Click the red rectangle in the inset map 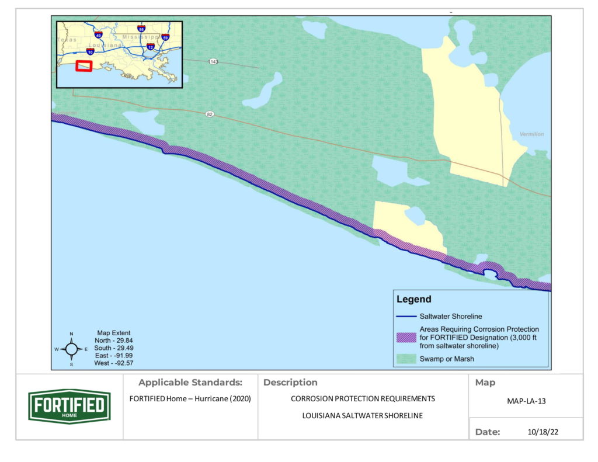[x=84, y=66]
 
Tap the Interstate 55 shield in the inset [x=141, y=29]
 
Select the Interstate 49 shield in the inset [x=98, y=36]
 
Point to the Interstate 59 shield [x=165, y=38]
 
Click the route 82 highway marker [x=209, y=114]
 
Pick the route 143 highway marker [x=214, y=61]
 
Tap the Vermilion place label [x=531, y=134]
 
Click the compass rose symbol [x=71, y=349]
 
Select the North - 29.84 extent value [x=114, y=340]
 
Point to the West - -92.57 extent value [x=114, y=363]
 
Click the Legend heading [x=413, y=300]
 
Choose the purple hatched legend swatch [x=406, y=337]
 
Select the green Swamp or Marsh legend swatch [x=406, y=359]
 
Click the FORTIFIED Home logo [x=69, y=406]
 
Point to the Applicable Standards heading [x=190, y=383]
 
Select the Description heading [x=290, y=383]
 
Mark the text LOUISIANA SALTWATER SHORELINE [x=363, y=416]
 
